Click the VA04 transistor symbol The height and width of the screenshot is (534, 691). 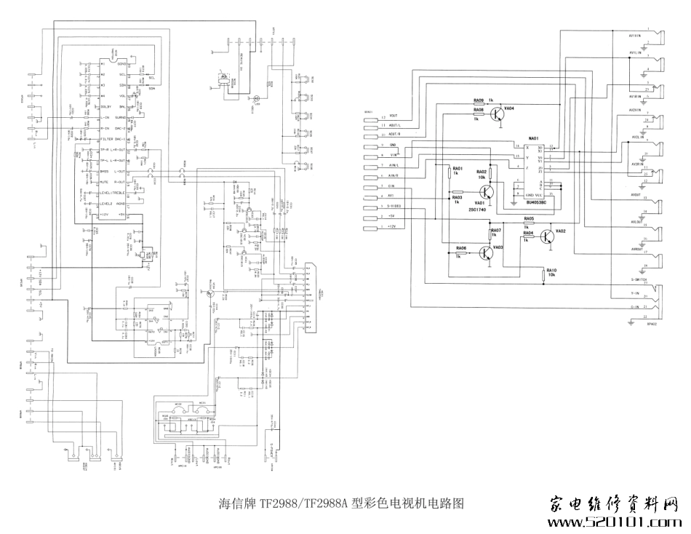coord(498,113)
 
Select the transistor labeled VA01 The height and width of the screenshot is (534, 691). coord(488,192)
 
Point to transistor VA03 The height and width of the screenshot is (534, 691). coord(485,252)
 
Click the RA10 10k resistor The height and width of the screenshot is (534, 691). coord(546,274)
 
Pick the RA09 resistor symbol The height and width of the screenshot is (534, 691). coord(478,104)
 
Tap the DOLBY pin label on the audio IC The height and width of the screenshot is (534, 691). coord(105,106)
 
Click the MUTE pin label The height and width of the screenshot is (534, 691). coord(104,183)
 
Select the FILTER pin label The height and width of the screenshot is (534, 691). coord(106,138)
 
